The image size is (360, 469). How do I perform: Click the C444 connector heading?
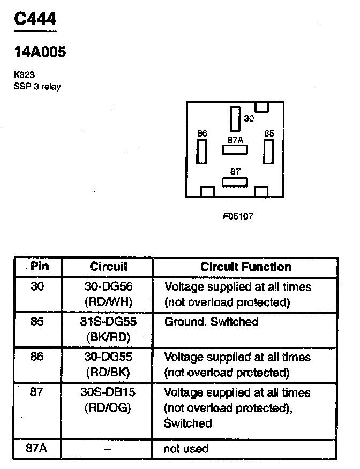(x=34, y=20)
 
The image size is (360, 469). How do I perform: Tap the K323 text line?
(x=24, y=75)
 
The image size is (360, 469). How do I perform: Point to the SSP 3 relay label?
(x=37, y=87)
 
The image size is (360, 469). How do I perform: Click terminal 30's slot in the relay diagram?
(x=235, y=119)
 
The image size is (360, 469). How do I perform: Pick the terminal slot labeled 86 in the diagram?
(x=202, y=152)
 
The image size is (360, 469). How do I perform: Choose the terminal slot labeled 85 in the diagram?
(x=268, y=152)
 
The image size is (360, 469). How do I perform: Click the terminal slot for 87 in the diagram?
(x=235, y=182)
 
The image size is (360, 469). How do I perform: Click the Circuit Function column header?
(x=246, y=267)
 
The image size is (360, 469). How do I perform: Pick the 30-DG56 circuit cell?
(x=108, y=286)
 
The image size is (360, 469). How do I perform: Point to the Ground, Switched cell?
(x=211, y=322)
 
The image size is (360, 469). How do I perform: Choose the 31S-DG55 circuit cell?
(x=108, y=322)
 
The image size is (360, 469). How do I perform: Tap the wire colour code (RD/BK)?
(x=108, y=372)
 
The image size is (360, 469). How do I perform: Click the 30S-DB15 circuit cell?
(x=108, y=392)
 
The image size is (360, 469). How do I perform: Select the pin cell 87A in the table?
(x=37, y=449)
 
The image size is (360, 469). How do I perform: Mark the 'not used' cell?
(x=186, y=449)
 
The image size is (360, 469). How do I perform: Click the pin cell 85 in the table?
(x=37, y=322)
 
